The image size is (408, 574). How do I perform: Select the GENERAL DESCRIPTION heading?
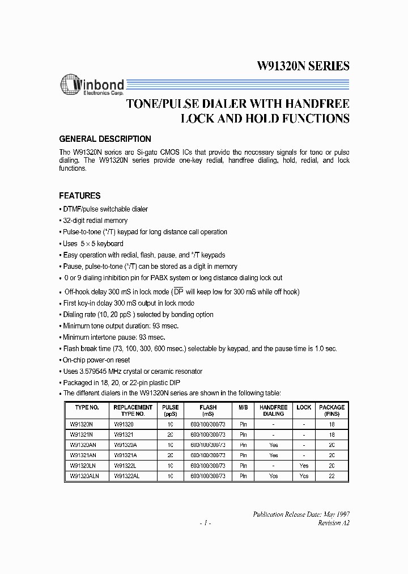pos(105,139)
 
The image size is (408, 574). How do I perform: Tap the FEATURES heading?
pos(80,196)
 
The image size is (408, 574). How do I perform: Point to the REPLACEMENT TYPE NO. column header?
pos(133,411)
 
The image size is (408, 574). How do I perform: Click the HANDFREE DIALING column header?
pos(274,411)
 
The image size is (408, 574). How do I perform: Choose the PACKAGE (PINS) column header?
pos(331,411)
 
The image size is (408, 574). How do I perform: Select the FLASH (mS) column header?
pos(207,411)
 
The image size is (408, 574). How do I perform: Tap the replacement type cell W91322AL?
pos(127,476)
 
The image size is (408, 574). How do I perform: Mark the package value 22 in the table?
pos(331,476)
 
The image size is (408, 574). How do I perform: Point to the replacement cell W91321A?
pos(126,455)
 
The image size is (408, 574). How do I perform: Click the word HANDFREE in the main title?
pos(316,104)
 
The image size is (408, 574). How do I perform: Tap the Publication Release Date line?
pos(301,514)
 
